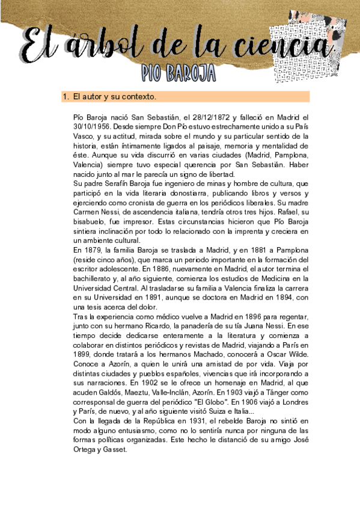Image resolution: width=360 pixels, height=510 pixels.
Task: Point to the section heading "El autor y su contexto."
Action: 114,96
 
